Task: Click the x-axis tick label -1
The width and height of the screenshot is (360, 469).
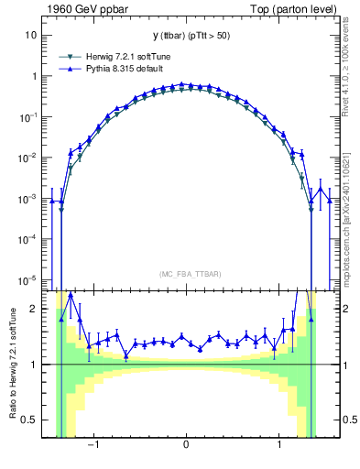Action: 93,445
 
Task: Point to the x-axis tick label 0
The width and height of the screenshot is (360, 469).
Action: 187,445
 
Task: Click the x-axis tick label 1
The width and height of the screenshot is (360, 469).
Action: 279,445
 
